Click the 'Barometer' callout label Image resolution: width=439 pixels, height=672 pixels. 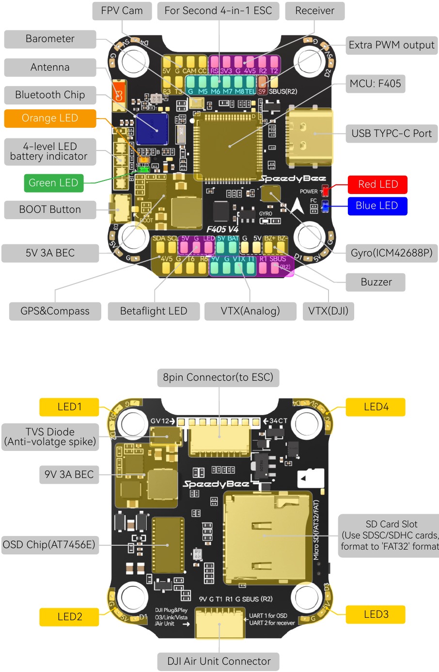[50, 39]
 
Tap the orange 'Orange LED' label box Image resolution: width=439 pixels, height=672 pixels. [50, 119]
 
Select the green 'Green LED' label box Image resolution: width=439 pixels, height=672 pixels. [53, 183]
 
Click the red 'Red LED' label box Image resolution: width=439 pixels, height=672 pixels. [377, 184]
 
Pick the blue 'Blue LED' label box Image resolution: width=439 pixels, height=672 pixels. [377, 206]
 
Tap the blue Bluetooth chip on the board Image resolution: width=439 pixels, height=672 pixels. [152, 129]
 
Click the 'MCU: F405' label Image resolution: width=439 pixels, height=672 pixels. [376, 84]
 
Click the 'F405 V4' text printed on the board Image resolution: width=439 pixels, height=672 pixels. [222, 229]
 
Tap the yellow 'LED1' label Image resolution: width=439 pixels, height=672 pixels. [69, 407]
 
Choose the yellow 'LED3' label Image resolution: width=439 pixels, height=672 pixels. [376, 614]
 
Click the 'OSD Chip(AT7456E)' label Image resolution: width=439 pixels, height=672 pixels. [49, 545]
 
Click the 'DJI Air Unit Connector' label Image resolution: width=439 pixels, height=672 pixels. [219, 661]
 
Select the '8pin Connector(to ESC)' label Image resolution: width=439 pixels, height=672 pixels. [218, 377]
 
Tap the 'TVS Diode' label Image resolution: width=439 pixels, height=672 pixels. [50, 437]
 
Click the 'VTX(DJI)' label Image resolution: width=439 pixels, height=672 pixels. [328, 311]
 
